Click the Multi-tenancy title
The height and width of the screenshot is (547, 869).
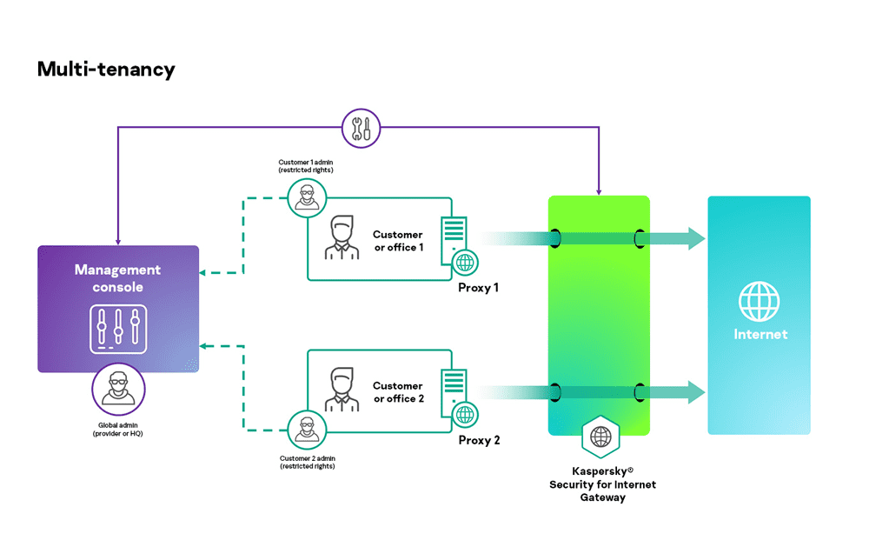coord(106,70)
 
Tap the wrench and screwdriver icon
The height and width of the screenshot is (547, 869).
coord(359,128)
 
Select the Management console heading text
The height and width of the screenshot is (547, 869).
coord(117,278)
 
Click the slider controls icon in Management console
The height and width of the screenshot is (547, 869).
coord(118,330)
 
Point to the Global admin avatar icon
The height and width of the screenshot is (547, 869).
coord(119,393)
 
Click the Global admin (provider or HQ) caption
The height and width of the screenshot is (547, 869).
coord(118,429)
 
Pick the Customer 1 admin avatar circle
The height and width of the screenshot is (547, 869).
coord(306,197)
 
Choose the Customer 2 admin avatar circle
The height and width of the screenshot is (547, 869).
coord(306,430)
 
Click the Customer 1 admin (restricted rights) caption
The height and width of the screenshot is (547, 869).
coord(306,166)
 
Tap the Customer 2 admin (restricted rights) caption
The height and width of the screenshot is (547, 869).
coord(307,463)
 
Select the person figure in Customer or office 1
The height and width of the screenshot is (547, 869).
coord(342,237)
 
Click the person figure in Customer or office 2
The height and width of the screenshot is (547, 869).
coord(342,389)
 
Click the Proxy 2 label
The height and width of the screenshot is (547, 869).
coord(479,441)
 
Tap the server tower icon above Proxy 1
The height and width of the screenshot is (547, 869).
coord(454,237)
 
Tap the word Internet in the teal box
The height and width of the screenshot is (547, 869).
coord(760,335)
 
